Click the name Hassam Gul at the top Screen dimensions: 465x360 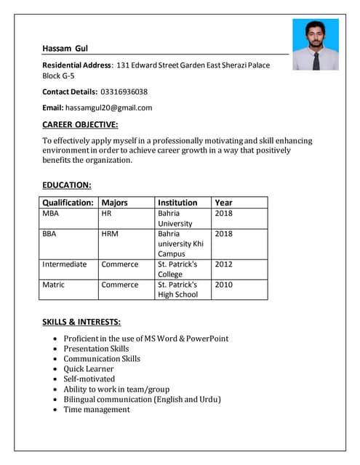(x=65, y=49)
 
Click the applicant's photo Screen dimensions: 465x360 (x=315, y=44)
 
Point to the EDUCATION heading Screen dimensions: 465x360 (x=67, y=185)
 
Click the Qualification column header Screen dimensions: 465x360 (x=68, y=203)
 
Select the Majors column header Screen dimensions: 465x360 (x=114, y=203)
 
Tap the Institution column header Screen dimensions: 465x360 (x=177, y=203)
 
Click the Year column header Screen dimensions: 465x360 (x=223, y=203)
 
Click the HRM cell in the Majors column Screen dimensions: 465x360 (x=111, y=234)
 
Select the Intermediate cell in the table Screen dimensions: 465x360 (x=64, y=264)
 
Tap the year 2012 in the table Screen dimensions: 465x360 (x=224, y=264)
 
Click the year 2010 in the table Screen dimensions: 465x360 (x=224, y=285)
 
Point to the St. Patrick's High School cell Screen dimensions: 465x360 (x=177, y=289)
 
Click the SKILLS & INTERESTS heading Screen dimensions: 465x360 (x=81, y=322)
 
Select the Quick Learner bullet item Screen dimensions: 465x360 (x=89, y=368)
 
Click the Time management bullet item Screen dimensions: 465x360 (x=97, y=409)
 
